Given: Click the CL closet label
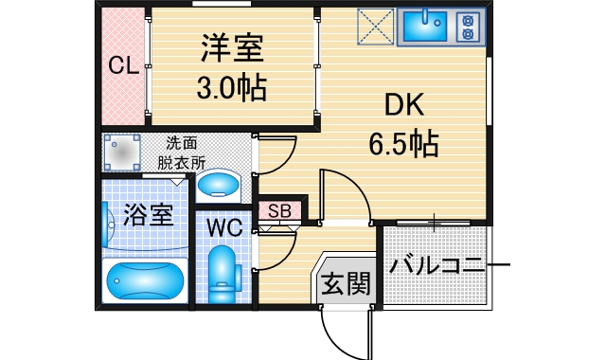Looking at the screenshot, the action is [x=124, y=66].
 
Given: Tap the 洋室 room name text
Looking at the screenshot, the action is [x=230, y=47].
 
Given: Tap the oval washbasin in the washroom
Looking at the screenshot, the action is [x=221, y=183].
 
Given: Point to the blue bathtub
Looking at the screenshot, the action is [x=143, y=280].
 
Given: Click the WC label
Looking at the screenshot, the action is [x=224, y=227].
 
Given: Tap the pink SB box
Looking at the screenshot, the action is [x=279, y=210].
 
